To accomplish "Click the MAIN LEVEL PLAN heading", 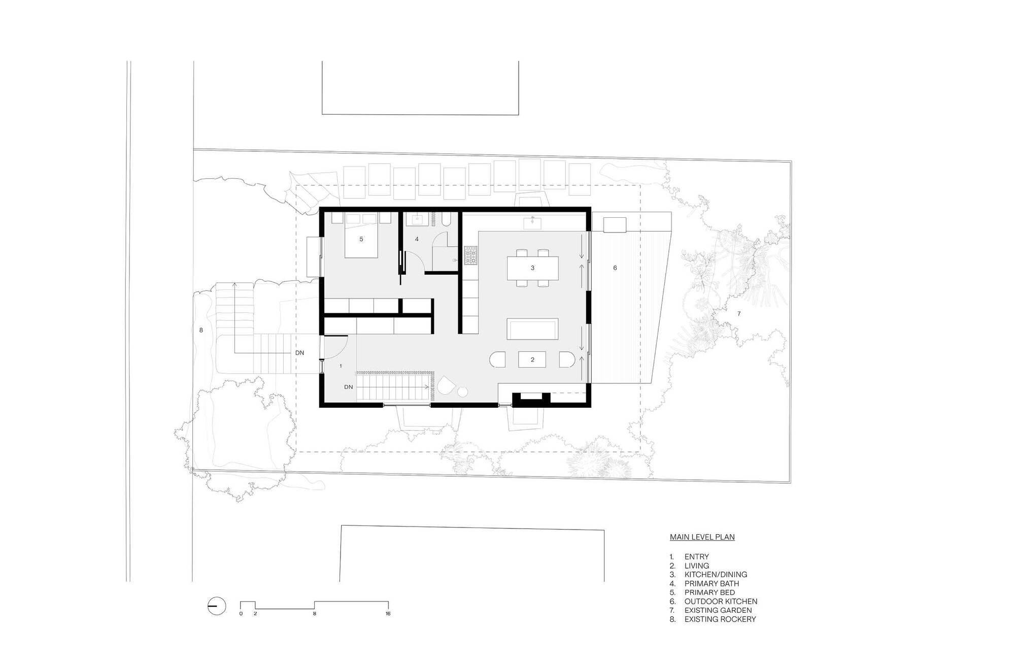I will tap(702, 537).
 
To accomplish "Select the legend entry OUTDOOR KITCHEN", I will tap(721, 601).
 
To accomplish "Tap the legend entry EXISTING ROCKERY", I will tap(720, 619).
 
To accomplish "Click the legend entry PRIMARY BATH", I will tap(712, 583).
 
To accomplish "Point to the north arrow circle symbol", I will tap(217, 606).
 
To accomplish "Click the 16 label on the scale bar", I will tap(388, 614).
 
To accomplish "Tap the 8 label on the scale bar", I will tap(315, 614).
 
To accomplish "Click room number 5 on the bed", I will tap(361, 239).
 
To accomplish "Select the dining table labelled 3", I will tap(532, 268).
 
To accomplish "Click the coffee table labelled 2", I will tap(532, 359).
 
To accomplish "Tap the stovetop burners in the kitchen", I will tap(470, 255).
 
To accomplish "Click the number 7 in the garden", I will tap(739, 314).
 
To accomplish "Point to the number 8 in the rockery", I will tap(201, 330).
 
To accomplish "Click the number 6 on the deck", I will tap(615, 268).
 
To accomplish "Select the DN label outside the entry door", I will tap(300, 352).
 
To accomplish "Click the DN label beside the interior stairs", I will tap(348, 387).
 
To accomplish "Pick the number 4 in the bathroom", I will tap(417, 239).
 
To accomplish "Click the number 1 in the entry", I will tap(341, 366).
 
